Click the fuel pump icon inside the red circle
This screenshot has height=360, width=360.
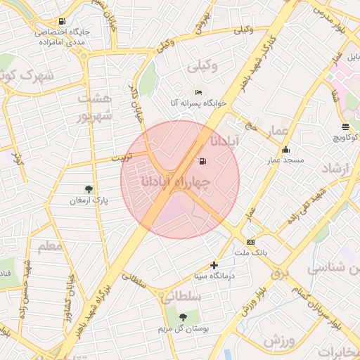(x=203, y=162)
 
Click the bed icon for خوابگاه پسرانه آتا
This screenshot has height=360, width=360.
(x=198, y=93)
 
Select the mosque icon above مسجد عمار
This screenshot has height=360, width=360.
(x=285, y=150)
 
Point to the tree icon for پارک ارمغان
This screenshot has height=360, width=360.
(x=89, y=189)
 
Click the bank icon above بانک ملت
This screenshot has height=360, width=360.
(x=251, y=242)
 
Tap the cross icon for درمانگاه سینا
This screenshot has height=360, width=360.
(x=214, y=265)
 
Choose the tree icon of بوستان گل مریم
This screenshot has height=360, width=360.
(x=184, y=317)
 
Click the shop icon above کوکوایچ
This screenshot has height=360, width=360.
(x=345, y=127)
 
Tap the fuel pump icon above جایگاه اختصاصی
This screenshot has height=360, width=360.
(x=63, y=22)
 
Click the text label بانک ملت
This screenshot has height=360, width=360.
(x=251, y=252)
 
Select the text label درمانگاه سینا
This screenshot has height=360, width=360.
(x=214, y=276)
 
